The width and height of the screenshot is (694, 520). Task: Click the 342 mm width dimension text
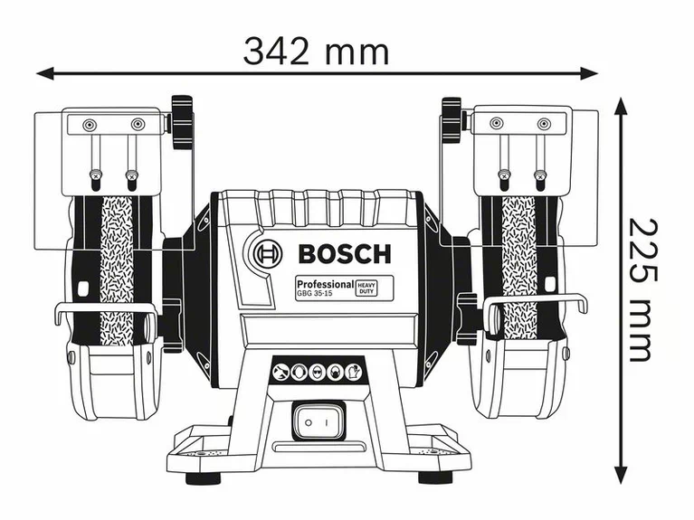pyautogui.click(x=316, y=51)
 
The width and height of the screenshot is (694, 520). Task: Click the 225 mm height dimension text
pyautogui.click(x=637, y=288)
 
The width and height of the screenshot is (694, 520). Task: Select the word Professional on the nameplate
pyautogui.click(x=322, y=284)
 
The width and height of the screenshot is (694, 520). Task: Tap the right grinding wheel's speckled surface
pyautogui.click(x=518, y=262)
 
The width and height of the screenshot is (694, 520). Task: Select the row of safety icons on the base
pyautogui.click(x=317, y=371)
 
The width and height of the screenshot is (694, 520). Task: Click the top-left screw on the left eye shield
pyautogui.click(x=89, y=124)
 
